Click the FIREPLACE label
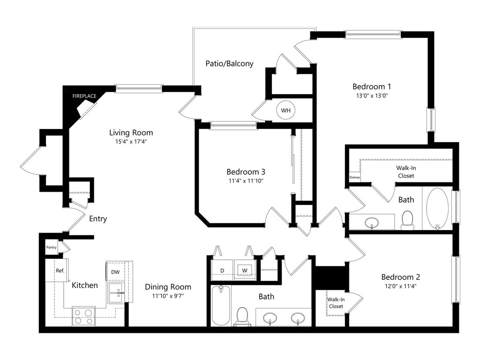pos(84,96)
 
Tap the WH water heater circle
pos(285,110)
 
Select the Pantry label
pos(51,247)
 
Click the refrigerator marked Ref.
pos(57,270)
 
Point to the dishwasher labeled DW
pos(115,271)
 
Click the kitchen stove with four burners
pos(83,316)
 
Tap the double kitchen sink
pos(116,293)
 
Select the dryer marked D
pos(222,270)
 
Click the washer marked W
pos(245,270)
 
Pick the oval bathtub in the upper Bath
pos(437,207)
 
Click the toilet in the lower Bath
pos(242,316)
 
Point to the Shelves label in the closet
pos(354,177)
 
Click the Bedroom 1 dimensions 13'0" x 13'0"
pos(372,96)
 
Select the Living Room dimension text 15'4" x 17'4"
pos(131,142)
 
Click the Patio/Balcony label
pos(229,64)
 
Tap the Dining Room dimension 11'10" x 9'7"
pos(168,296)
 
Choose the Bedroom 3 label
pos(246,172)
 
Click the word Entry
pos(98,219)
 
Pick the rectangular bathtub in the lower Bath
pos(221,305)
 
